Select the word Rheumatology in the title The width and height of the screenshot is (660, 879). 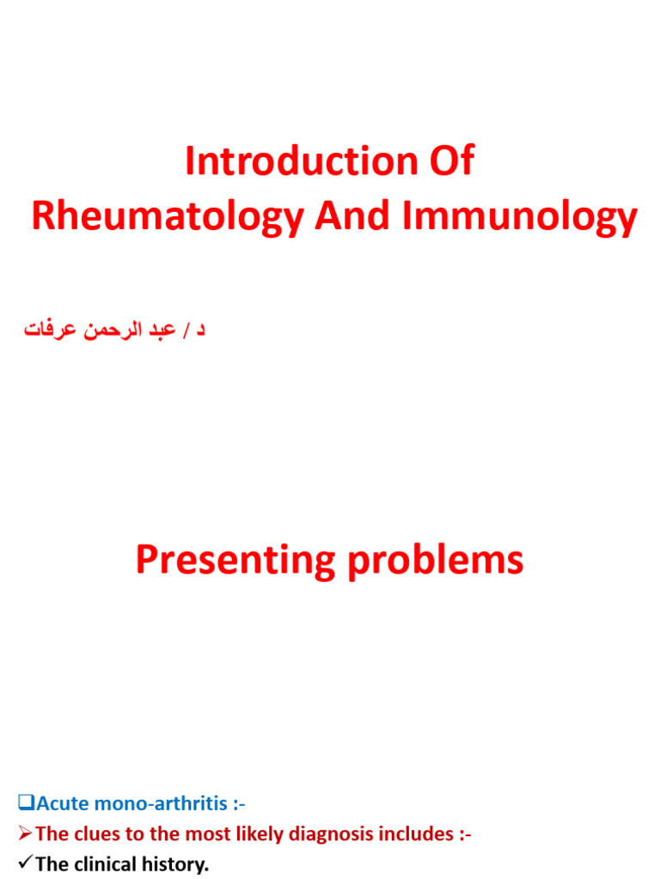168,217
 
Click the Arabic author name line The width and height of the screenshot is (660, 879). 114,330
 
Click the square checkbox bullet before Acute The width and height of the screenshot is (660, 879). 25,803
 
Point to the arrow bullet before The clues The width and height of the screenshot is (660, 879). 25,834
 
